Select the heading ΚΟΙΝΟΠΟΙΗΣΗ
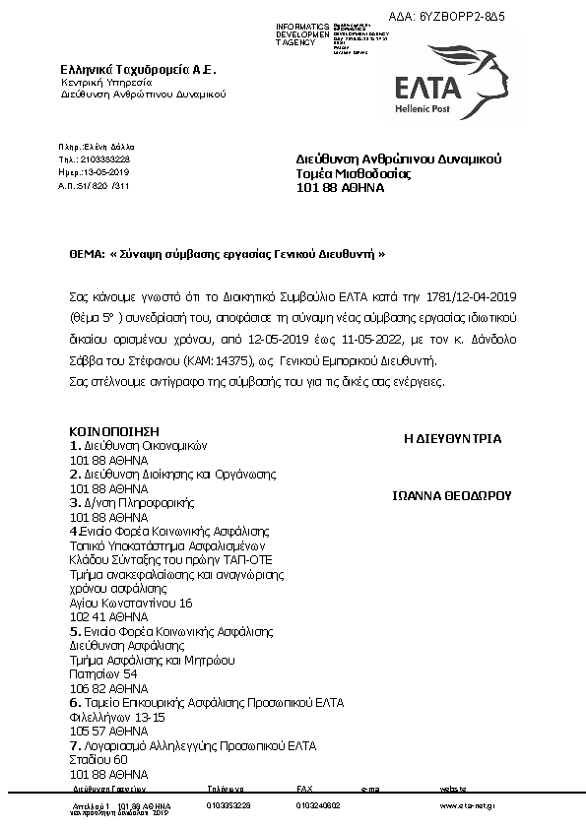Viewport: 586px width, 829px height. point(113,431)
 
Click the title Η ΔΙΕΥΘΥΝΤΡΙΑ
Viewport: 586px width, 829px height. point(452,438)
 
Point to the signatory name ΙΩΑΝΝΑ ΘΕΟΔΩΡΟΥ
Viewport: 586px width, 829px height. point(453,497)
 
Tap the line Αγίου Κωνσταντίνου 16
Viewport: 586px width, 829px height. point(131,603)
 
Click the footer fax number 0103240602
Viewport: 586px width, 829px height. point(318,805)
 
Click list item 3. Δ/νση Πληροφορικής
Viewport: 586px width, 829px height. point(130,502)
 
